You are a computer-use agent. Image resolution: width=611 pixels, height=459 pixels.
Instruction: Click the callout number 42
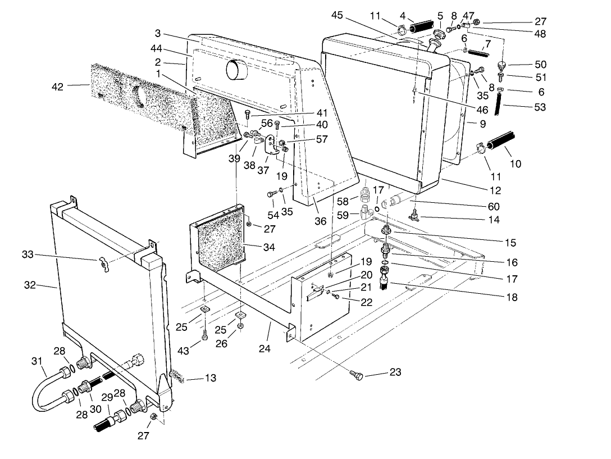(x=57, y=87)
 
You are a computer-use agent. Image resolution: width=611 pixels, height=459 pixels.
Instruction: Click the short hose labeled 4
(x=422, y=27)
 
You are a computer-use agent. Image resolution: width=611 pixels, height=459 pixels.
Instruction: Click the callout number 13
(x=209, y=378)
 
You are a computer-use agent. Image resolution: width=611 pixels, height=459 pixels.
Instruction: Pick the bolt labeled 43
(x=204, y=336)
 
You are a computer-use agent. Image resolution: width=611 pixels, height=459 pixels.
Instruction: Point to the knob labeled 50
(x=502, y=65)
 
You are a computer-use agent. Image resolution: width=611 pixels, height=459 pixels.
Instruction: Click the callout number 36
(x=320, y=221)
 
